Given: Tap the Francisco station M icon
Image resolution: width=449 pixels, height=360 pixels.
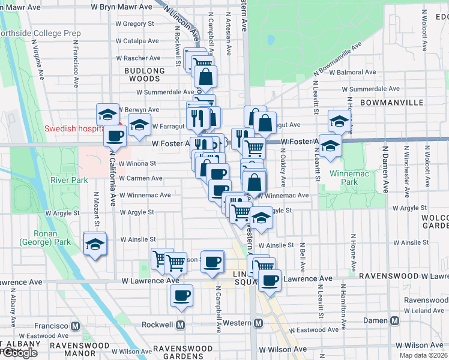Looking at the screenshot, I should pos(76,326).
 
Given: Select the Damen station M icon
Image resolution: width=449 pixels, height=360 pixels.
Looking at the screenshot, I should pos(394,321).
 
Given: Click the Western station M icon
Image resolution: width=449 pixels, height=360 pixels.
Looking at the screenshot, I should pos(259,323).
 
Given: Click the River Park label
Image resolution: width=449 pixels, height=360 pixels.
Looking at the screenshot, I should pos(70,180).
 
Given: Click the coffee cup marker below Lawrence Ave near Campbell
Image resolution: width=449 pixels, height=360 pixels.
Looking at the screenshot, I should pos(182,295).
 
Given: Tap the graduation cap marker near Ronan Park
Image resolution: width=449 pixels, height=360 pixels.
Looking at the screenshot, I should pos(95,244).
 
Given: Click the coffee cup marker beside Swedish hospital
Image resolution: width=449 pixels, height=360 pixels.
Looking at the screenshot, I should pos(115,135).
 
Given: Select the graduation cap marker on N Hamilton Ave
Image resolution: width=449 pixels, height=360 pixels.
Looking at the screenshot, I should pos(340,121).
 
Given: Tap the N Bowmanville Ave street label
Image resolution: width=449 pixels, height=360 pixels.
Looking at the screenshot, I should pos(338,61).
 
